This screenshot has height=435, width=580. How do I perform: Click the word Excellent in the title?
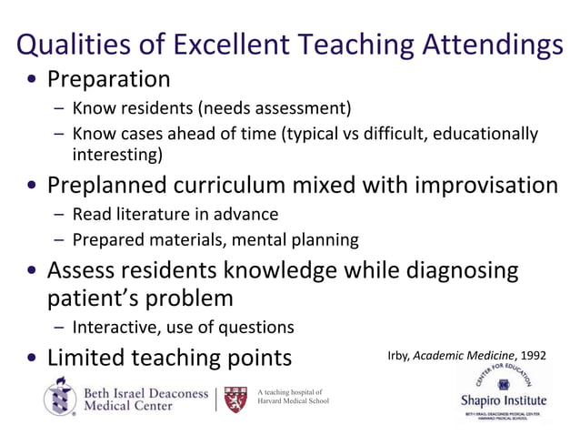(229, 43)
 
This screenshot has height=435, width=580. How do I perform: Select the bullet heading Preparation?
(108, 79)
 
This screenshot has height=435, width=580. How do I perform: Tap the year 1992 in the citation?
(531, 355)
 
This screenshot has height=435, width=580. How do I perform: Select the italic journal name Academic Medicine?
(464, 355)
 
